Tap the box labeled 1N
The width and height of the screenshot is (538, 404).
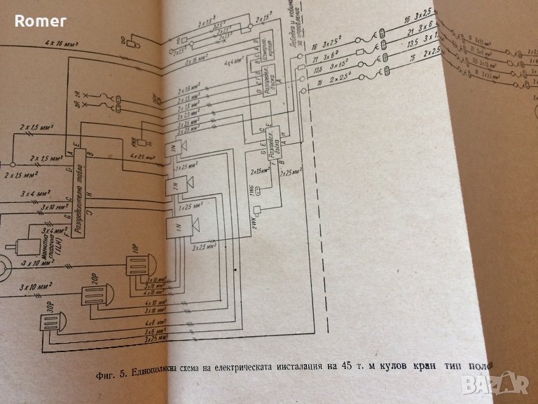point(175,226)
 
